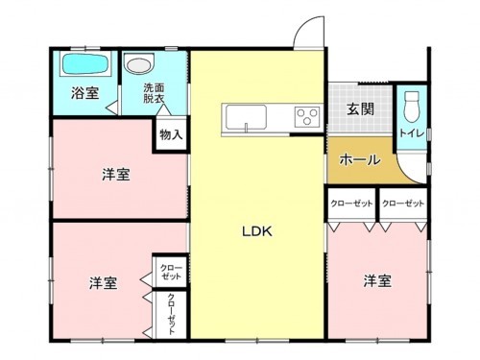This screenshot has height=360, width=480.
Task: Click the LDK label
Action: coord(256,231)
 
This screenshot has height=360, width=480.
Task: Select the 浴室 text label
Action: coord(84,93)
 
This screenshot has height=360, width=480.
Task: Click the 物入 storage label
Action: coord(171,135)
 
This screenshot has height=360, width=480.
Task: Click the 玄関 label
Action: coord(361,108)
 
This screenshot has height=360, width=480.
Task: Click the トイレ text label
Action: coord(412,132)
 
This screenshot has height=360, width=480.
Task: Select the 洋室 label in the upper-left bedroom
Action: coord(117,175)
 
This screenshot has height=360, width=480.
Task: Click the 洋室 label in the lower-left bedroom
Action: coord(104,283)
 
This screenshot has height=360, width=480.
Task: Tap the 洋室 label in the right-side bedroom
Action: coord(376,280)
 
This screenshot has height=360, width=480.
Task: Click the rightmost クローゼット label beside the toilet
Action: coord(402,204)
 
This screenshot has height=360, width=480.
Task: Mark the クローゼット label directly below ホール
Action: coord(351,204)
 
